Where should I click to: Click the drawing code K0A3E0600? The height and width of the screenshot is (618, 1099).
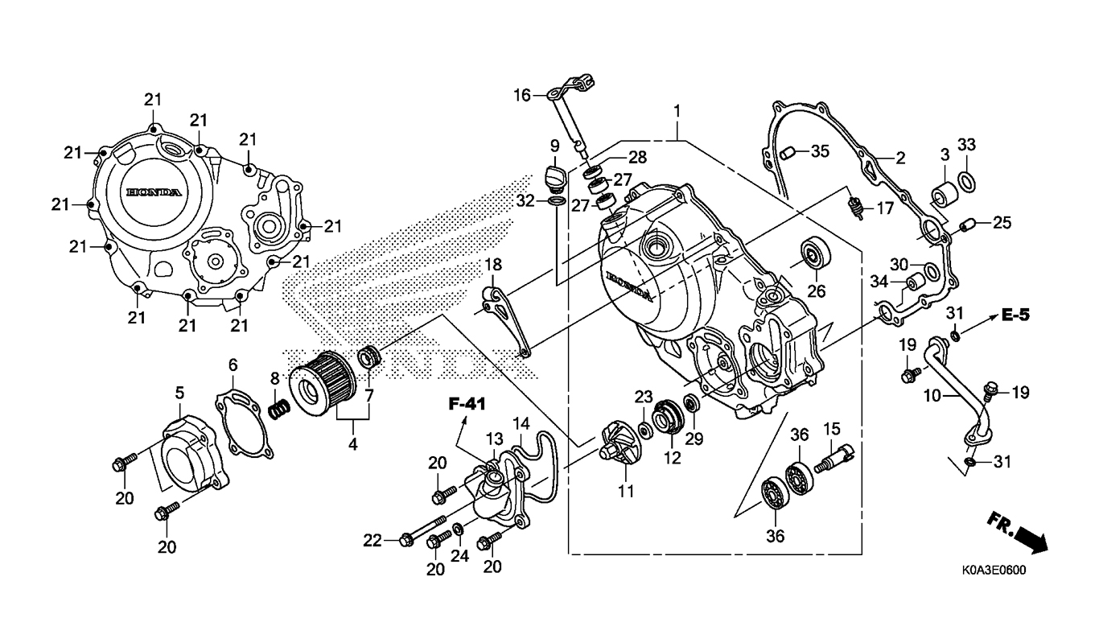click(x=994, y=571)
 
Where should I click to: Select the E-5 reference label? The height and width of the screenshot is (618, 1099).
click(x=1015, y=315)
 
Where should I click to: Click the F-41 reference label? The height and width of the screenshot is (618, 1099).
click(x=467, y=404)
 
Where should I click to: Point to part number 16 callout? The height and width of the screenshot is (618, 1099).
click(x=522, y=95)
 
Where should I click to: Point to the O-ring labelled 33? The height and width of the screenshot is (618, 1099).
click(x=966, y=182)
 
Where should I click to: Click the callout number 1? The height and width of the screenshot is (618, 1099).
click(x=677, y=112)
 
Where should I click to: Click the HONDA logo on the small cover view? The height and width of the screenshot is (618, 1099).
click(x=154, y=192)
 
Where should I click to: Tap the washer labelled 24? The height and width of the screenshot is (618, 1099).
click(x=457, y=529)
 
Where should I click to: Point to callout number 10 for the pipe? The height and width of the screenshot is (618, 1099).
click(x=932, y=395)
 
